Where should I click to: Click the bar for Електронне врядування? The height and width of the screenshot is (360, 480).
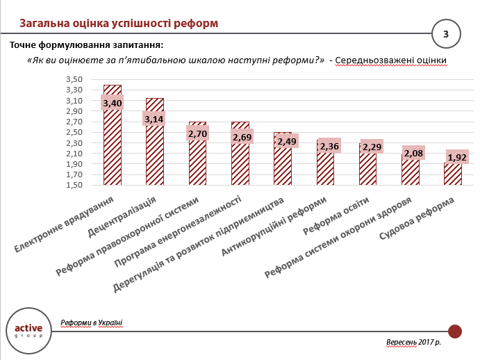coord(113,146)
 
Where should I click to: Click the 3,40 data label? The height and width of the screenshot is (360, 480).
coord(113,104)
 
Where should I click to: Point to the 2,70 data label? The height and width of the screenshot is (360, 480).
coord(198,132)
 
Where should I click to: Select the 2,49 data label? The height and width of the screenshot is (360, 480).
coord(286,141)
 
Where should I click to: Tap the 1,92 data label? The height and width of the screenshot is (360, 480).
coord(457,157)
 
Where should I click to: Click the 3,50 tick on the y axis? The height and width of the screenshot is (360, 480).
coord(74,79)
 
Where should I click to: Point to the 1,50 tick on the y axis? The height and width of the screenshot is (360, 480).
coord(74,186)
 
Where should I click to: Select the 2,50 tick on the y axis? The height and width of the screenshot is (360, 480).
coord(74,132)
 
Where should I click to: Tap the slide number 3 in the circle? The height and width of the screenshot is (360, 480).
coord(446,33)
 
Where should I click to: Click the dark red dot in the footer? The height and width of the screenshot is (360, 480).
coord(455,331)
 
